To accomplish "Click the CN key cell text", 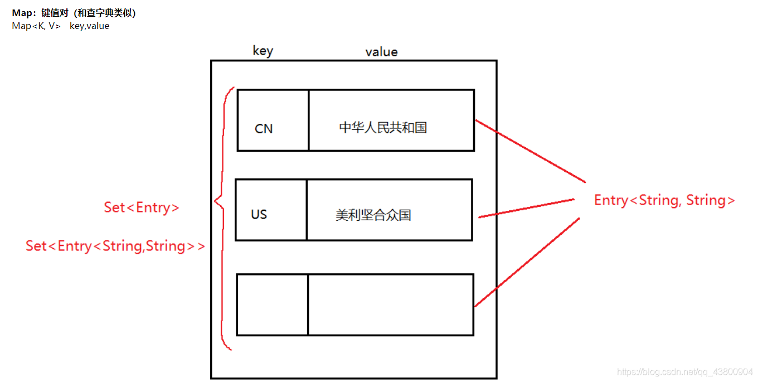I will tap(264, 129).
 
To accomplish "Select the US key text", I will tap(259, 215).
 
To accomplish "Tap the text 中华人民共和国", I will tap(383, 128).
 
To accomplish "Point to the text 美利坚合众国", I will tap(373, 215).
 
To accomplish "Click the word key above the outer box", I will tap(263, 51).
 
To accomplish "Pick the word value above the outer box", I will tap(381, 52).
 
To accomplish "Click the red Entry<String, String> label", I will tap(664, 201).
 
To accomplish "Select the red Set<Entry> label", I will tap(142, 208).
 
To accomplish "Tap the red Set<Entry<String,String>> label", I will tap(115, 246).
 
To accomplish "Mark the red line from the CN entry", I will tap(529, 151).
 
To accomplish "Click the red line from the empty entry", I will tap(527, 262).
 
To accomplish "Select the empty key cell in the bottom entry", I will tap(273, 304).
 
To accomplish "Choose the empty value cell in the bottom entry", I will tap(390, 304).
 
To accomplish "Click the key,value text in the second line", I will tap(89, 26).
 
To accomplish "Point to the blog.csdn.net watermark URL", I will tap(685, 372).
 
